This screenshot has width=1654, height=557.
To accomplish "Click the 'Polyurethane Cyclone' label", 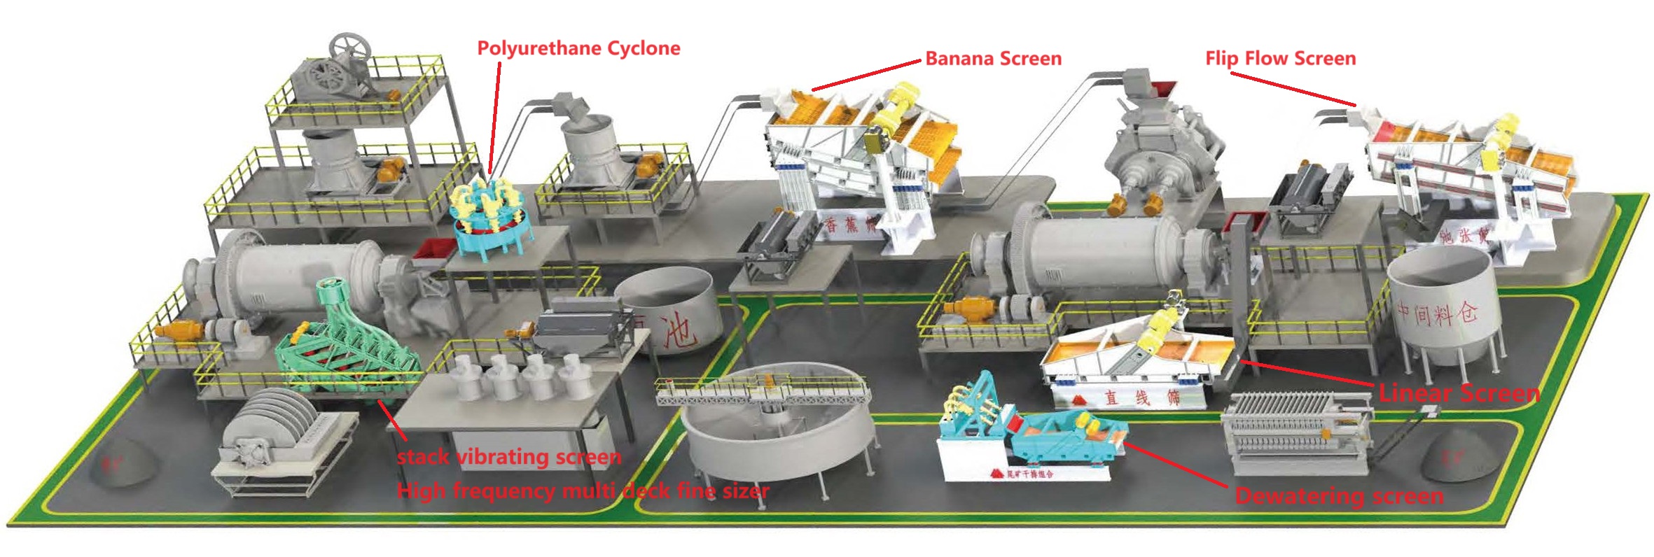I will pyautogui.click(x=578, y=48).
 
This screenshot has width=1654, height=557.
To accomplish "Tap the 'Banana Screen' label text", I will pyautogui.click(x=993, y=59).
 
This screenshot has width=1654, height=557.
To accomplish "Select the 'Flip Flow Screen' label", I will pyautogui.click(x=1280, y=59).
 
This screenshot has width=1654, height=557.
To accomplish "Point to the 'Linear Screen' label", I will pyautogui.click(x=1459, y=393).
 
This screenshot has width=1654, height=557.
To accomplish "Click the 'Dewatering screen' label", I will pyautogui.click(x=1339, y=496).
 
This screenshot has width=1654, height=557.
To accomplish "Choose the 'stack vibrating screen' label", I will pyautogui.click(x=509, y=458).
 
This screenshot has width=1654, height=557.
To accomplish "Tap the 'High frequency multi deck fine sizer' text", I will pyautogui.click(x=583, y=491).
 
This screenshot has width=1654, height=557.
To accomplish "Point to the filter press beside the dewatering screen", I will pyautogui.click(x=1295, y=430).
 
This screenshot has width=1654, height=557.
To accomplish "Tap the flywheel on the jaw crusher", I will pyautogui.click(x=349, y=49).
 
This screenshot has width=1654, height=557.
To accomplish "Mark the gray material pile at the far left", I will pyautogui.click(x=125, y=462).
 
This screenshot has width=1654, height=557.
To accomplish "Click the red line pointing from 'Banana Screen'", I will pyautogui.click(x=867, y=76).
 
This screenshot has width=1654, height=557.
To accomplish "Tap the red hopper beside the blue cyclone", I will pyautogui.click(x=433, y=250).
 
